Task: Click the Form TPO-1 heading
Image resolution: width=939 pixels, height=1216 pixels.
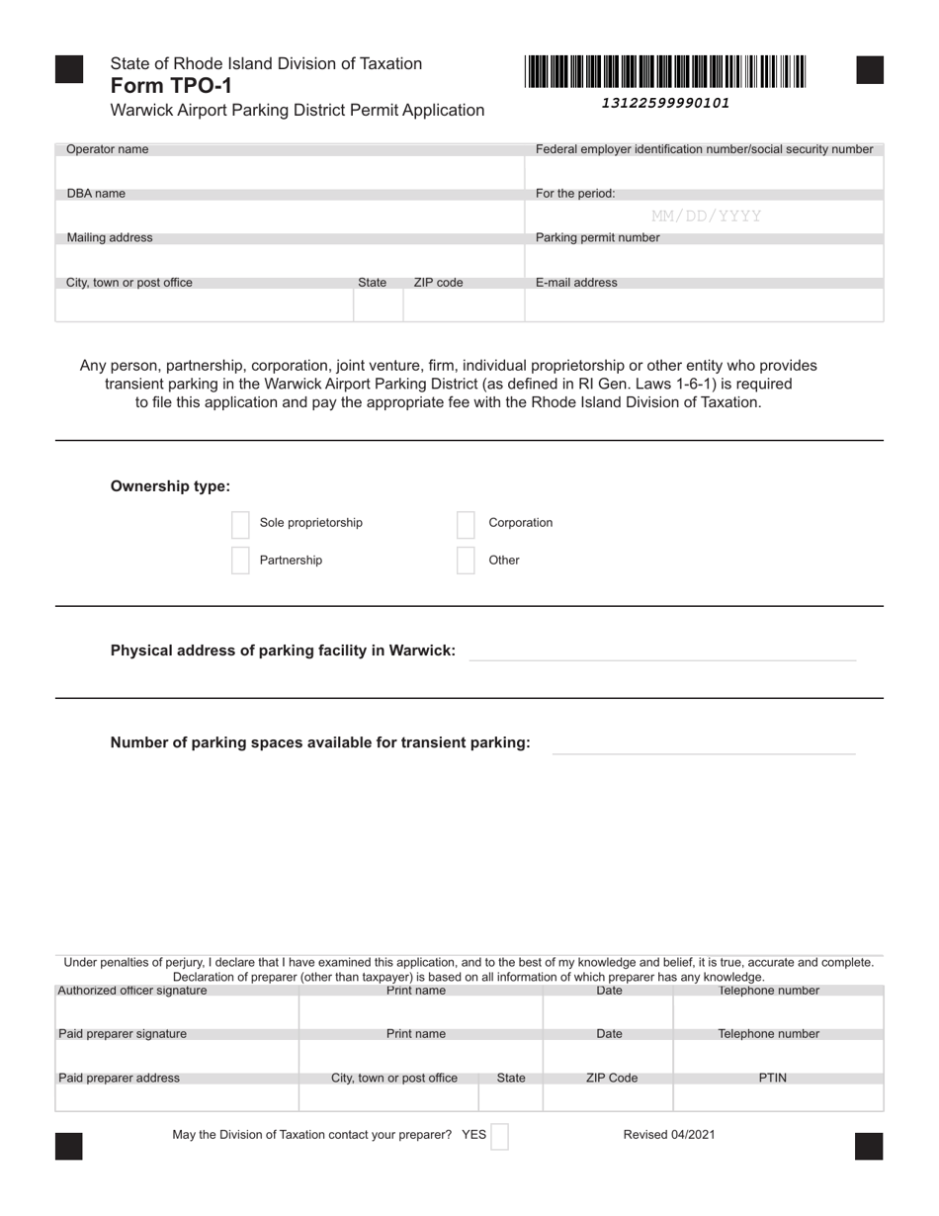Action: tap(171, 86)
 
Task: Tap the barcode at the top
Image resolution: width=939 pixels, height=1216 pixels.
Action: tap(665, 72)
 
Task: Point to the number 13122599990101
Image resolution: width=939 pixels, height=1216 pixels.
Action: tap(665, 103)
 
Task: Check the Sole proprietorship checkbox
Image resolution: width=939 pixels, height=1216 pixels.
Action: tap(240, 523)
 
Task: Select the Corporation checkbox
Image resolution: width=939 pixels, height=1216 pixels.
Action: tap(467, 524)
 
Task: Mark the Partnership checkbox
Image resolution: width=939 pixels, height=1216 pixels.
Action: tap(240, 561)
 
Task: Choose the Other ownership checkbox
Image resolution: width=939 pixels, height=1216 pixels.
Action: tap(467, 561)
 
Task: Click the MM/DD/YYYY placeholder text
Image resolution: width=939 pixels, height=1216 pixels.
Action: tap(706, 216)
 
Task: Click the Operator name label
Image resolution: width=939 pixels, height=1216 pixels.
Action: tap(108, 149)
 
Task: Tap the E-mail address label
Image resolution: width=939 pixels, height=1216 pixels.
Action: tap(576, 283)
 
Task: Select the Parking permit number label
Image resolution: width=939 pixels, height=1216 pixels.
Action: tap(597, 238)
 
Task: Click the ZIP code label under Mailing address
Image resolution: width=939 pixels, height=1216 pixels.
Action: tap(438, 283)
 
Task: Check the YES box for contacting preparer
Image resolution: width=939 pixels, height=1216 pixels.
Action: tap(500, 1136)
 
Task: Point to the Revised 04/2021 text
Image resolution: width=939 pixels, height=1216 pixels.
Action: tap(668, 1135)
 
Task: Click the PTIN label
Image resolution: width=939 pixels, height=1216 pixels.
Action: tap(772, 1079)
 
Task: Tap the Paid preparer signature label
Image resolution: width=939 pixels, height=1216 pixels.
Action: tap(123, 1034)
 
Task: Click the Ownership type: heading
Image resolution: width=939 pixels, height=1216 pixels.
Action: tap(170, 486)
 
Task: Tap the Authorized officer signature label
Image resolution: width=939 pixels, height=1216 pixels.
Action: tap(132, 991)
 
